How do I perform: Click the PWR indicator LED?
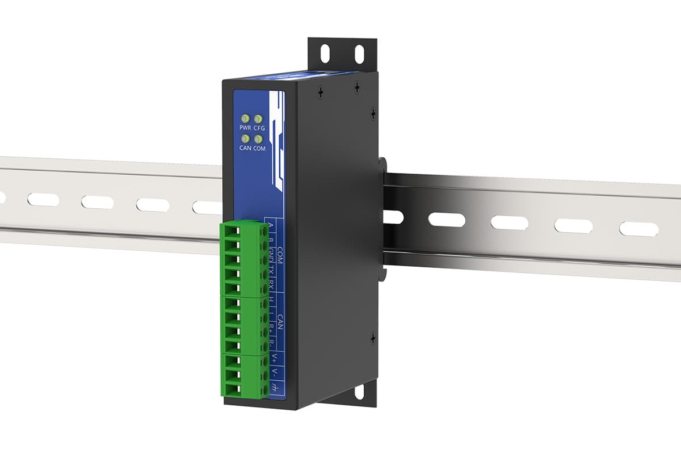[245, 119]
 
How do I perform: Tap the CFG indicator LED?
[258, 119]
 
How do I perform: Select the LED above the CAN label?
[245, 138]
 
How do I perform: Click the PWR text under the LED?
[245, 128]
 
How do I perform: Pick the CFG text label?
[259, 129]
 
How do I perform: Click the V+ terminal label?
[274, 358]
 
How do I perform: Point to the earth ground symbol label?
[274, 388]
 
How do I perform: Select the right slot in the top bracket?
[359, 54]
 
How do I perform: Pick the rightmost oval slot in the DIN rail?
[638, 229]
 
